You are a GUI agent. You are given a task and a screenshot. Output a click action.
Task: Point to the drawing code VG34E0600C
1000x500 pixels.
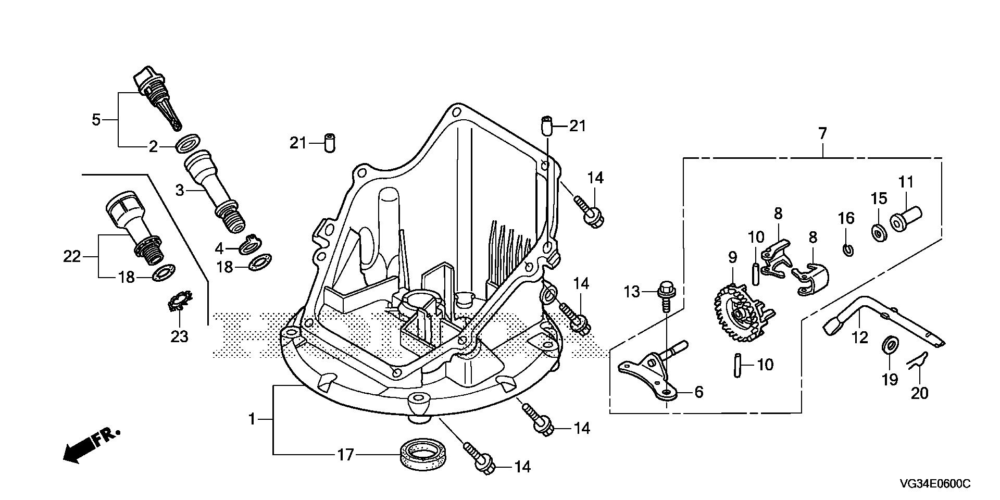tap(934, 484)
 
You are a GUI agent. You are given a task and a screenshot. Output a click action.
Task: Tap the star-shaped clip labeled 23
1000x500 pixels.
tap(180, 302)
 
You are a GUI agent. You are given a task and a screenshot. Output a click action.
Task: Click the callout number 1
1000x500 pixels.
tap(252, 419)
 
